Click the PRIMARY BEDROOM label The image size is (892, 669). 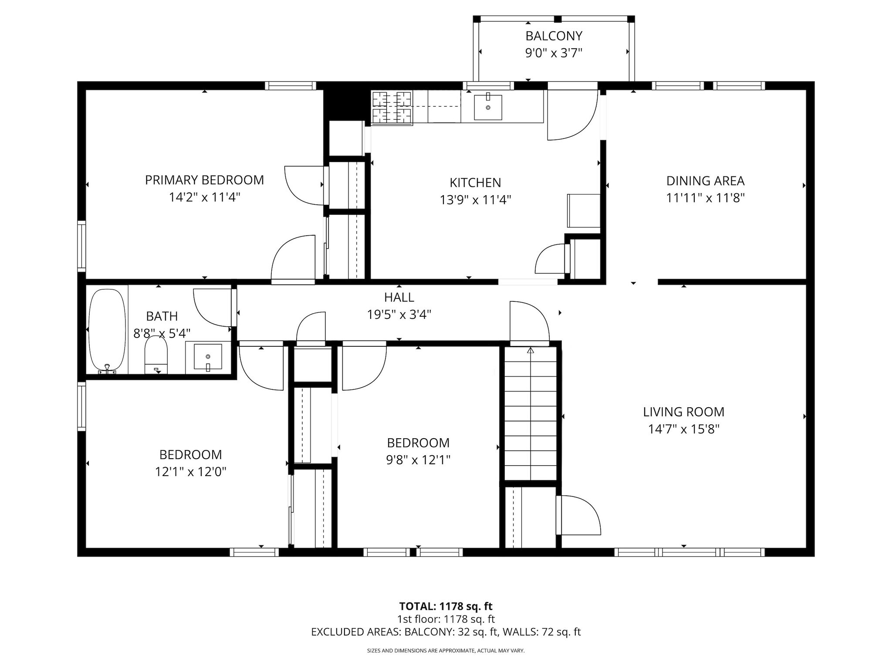(x=204, y=180)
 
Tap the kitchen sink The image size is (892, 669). (x=488, y=107)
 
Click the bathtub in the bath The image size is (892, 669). (x=107, y=331)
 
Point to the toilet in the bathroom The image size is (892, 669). (x=156, y=355)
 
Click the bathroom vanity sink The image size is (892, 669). (x=208, y=357)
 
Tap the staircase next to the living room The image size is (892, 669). (x=530, y=413)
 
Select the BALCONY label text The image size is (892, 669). (x=554, y=36)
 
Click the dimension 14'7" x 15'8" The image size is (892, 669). (x=684, y=429)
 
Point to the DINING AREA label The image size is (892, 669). (x=705, y=181)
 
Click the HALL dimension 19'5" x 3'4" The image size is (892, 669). (x=399, y=314)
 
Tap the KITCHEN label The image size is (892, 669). (x=475, y=182)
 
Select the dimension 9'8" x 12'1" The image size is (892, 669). (x=418, y=460)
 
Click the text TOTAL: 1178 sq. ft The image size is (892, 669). (x=446, y=606)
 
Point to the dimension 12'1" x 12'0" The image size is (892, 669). (x=191, y=472)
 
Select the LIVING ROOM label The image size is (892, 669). (x=684, y=412)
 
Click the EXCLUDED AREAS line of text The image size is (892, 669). (x=446, y=632)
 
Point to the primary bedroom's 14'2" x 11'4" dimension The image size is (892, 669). (x=205, y=197)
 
